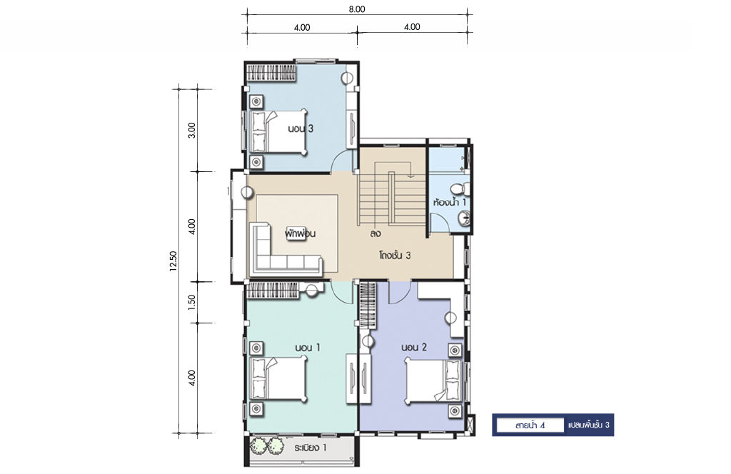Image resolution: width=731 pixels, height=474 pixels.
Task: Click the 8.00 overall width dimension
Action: point(357,9)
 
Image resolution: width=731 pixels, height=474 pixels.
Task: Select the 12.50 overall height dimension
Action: point(173,261)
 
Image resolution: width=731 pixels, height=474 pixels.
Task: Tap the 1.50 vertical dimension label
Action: point(191,302)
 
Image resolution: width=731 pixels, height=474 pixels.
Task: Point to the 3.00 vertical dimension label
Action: point(191,130)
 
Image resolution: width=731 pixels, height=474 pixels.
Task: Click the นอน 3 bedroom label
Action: point(301,128)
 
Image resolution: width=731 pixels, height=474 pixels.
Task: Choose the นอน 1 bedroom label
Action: point(307,348)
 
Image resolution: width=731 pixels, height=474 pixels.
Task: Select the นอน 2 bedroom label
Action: point(414,347)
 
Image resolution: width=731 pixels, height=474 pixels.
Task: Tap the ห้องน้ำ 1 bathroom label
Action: point(450,202)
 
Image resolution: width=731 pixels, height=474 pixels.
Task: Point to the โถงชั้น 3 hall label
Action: point(395,256)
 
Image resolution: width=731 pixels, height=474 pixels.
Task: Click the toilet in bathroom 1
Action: point(460,188)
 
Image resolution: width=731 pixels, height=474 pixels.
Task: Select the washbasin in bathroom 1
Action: point(464,218)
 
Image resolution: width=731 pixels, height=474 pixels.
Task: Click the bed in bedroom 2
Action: point(434,380)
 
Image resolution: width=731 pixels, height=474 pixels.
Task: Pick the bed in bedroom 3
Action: point(279,131)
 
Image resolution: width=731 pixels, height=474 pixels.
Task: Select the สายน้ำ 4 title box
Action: point(530,425)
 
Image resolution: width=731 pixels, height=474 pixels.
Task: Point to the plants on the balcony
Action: point(267,445)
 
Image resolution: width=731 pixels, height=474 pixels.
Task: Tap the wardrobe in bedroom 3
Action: point(271,72)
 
